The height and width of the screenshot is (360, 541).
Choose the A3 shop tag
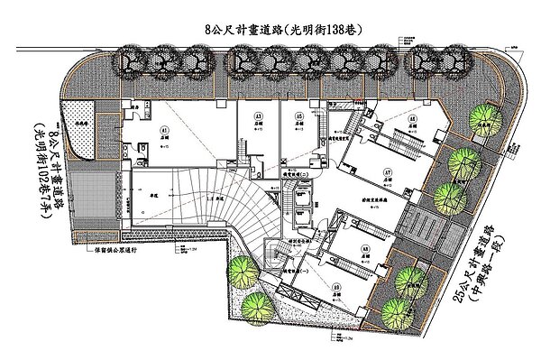(257, 117)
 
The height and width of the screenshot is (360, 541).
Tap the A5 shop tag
(297, 117)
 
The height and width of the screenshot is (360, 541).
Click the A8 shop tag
(365, 247)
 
